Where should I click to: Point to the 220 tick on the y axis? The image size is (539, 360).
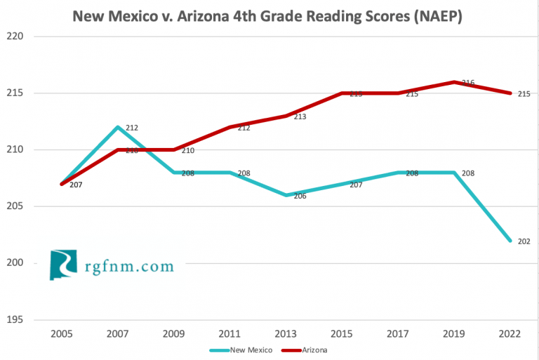15,36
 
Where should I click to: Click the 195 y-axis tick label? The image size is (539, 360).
15,320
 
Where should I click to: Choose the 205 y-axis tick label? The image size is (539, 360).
15,206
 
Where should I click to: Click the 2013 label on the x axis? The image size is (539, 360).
286,335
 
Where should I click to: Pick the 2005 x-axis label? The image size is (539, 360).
62,335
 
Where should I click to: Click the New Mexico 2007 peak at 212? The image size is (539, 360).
118,127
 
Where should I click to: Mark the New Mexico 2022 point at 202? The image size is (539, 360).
510,241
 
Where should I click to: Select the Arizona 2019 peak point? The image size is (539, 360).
454,82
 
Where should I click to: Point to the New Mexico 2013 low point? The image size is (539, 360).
286,195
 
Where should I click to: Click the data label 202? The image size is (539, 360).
524,241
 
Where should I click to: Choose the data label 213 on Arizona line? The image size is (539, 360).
300,117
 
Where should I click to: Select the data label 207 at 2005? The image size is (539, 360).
75,185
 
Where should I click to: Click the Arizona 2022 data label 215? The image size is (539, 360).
524,94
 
